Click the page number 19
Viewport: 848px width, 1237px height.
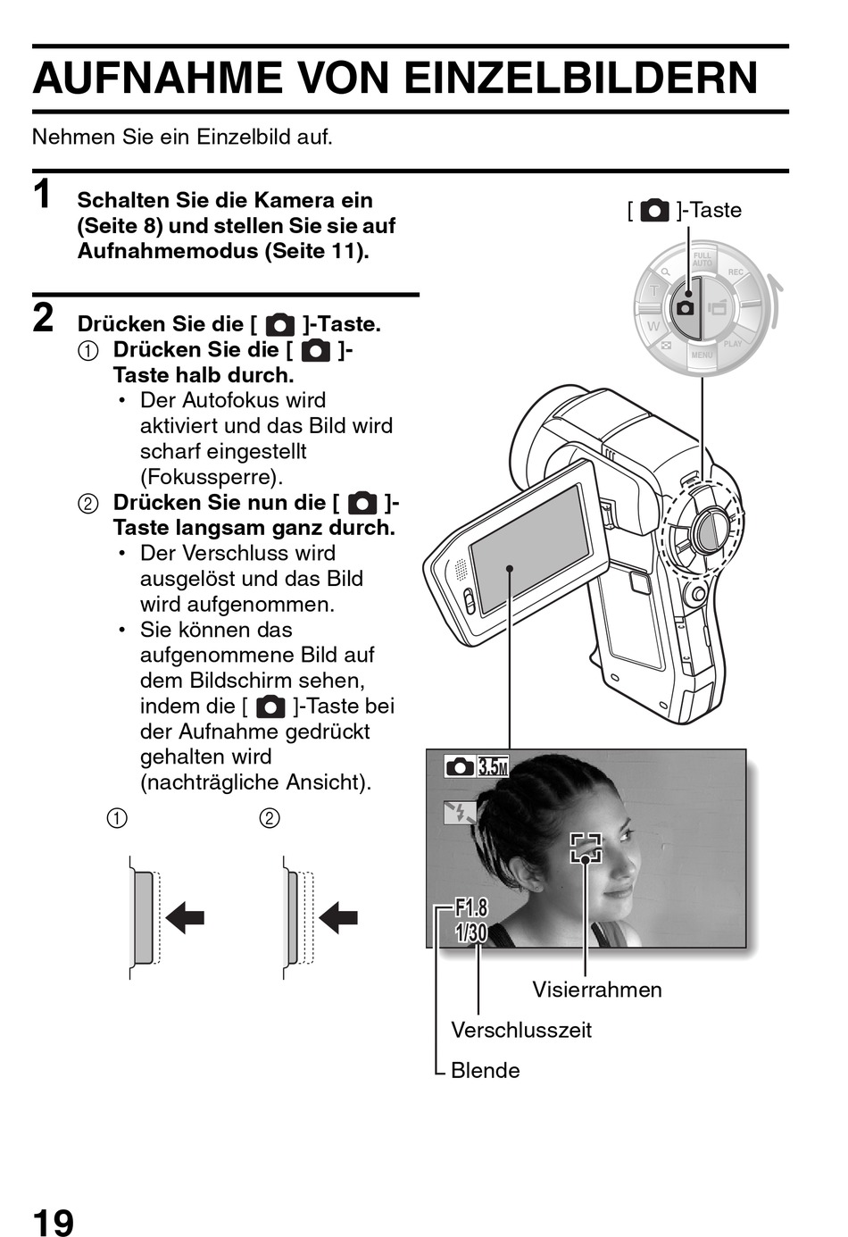[53, 1220]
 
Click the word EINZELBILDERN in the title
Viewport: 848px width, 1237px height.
[581, 78]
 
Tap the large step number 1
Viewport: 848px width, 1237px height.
[42, 195]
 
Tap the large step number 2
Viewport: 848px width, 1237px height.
[43, 318]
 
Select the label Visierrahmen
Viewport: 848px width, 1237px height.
[597, 990]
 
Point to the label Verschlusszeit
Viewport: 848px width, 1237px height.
[521, 1030]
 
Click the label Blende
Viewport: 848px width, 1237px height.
[486, 1070]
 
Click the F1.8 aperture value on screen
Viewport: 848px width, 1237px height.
[472, 907]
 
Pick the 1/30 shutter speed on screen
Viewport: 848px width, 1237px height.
[471, 932]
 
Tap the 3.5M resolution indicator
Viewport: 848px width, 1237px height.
[493, 767]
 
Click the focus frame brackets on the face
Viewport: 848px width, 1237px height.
[586, 848]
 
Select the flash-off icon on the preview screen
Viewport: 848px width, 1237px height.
[460, 813]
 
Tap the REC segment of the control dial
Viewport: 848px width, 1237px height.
[736, 272]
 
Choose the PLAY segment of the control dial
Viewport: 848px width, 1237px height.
[733, 344]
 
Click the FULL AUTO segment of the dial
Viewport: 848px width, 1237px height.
[703, 259]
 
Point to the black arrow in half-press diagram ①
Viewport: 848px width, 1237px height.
[185, 918]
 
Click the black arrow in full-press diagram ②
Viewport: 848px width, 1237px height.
[338, 918]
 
